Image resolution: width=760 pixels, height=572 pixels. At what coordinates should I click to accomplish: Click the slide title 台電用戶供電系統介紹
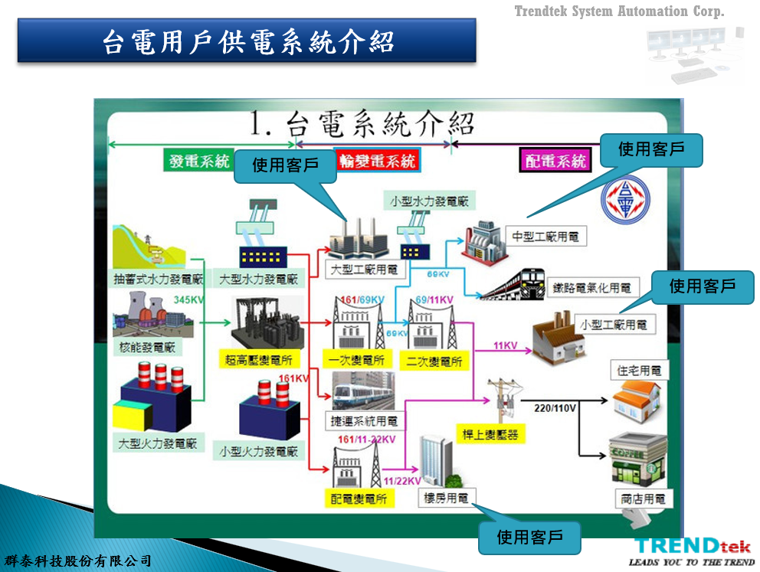[x=247, y=41]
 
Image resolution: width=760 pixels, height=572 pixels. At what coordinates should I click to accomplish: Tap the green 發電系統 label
[x=199, y=161]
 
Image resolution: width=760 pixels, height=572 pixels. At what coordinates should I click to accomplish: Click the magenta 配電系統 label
[x=556, y=161]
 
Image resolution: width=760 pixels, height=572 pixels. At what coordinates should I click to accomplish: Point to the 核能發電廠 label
[x=147, y=347]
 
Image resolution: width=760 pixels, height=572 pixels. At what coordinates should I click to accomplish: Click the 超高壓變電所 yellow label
[x=259, y=359]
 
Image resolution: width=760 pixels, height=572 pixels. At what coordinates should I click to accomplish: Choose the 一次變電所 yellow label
[x=357, y=360]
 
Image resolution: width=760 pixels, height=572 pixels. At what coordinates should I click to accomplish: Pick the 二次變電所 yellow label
[x=434, y=361]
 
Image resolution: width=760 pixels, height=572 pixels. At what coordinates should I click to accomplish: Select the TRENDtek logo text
[x=692, y=546]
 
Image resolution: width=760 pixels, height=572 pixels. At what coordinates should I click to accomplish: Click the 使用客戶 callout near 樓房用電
[x=529, y=537]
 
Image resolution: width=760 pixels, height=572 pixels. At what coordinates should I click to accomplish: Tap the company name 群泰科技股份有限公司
[x=78, y=561]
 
